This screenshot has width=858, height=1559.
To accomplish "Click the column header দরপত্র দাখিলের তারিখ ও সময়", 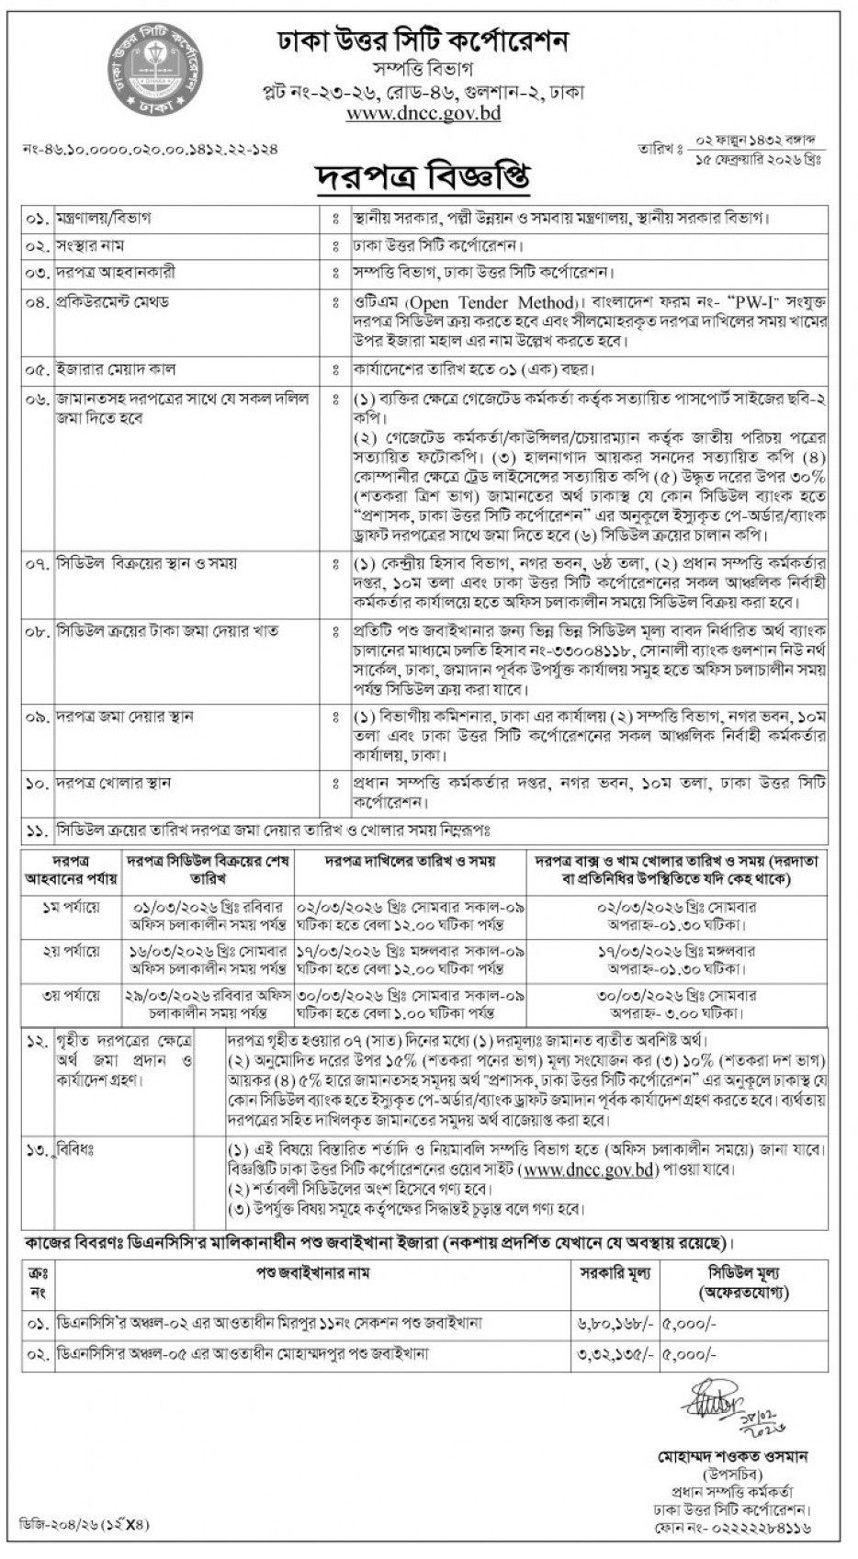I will (411, 862).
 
